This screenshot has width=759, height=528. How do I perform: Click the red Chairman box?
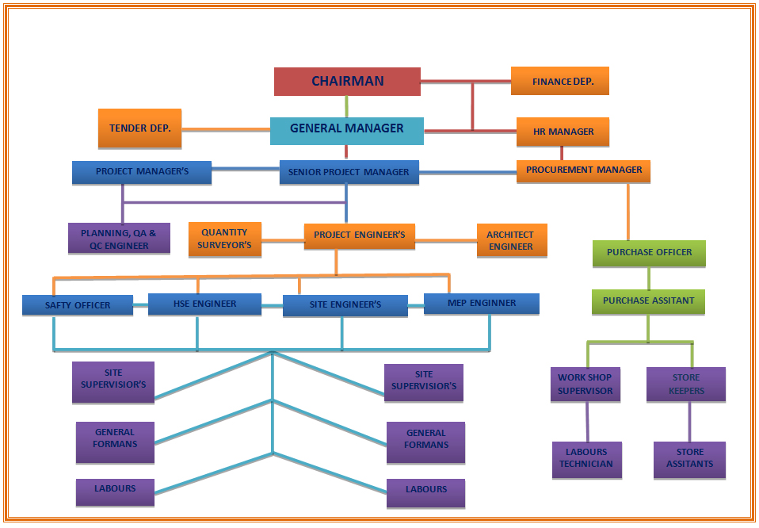tap(347, 81)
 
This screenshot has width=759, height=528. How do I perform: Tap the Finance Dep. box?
tap(559, 81)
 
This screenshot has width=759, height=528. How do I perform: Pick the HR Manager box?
tap(563, 132)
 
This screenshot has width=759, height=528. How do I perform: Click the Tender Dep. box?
tap(139, 128)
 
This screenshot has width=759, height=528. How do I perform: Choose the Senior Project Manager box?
tap(349, 172)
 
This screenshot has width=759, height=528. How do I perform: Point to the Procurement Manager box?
tap(583, 170)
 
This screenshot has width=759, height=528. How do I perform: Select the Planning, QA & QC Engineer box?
tap(119, 239)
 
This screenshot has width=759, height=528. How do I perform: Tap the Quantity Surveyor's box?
tap(226, 239)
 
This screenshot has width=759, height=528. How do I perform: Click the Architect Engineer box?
tap(510, 240)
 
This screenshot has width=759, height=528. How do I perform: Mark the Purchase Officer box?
tap(649, 253)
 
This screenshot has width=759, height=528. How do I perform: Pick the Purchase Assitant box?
tap(648, 301)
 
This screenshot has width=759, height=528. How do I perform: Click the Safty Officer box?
tap(78, 305)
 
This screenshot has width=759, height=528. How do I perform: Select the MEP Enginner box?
tap(482, 303)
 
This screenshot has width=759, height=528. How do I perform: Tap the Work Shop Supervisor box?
tap(585, 385)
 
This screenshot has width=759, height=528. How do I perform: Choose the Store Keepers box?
tap(685, 385)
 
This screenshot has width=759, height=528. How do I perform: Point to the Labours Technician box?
tap(586, 459)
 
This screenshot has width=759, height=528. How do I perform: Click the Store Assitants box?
tap(689, 459)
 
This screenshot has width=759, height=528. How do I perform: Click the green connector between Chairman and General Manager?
tap(346, 106)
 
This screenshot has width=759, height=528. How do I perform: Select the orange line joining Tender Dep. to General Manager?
tap(226, 129)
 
